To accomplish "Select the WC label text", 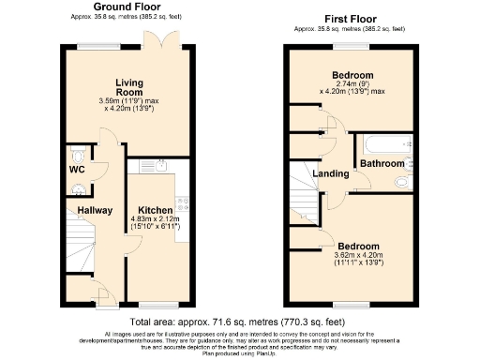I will tap(77, 170).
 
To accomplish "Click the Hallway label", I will tap(94, 211).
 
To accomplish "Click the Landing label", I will tap(330, 173).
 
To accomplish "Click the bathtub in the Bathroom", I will tap(384, 143).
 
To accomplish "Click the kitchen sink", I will tap(159, 168).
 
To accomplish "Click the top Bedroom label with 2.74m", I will tap(352, 76).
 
